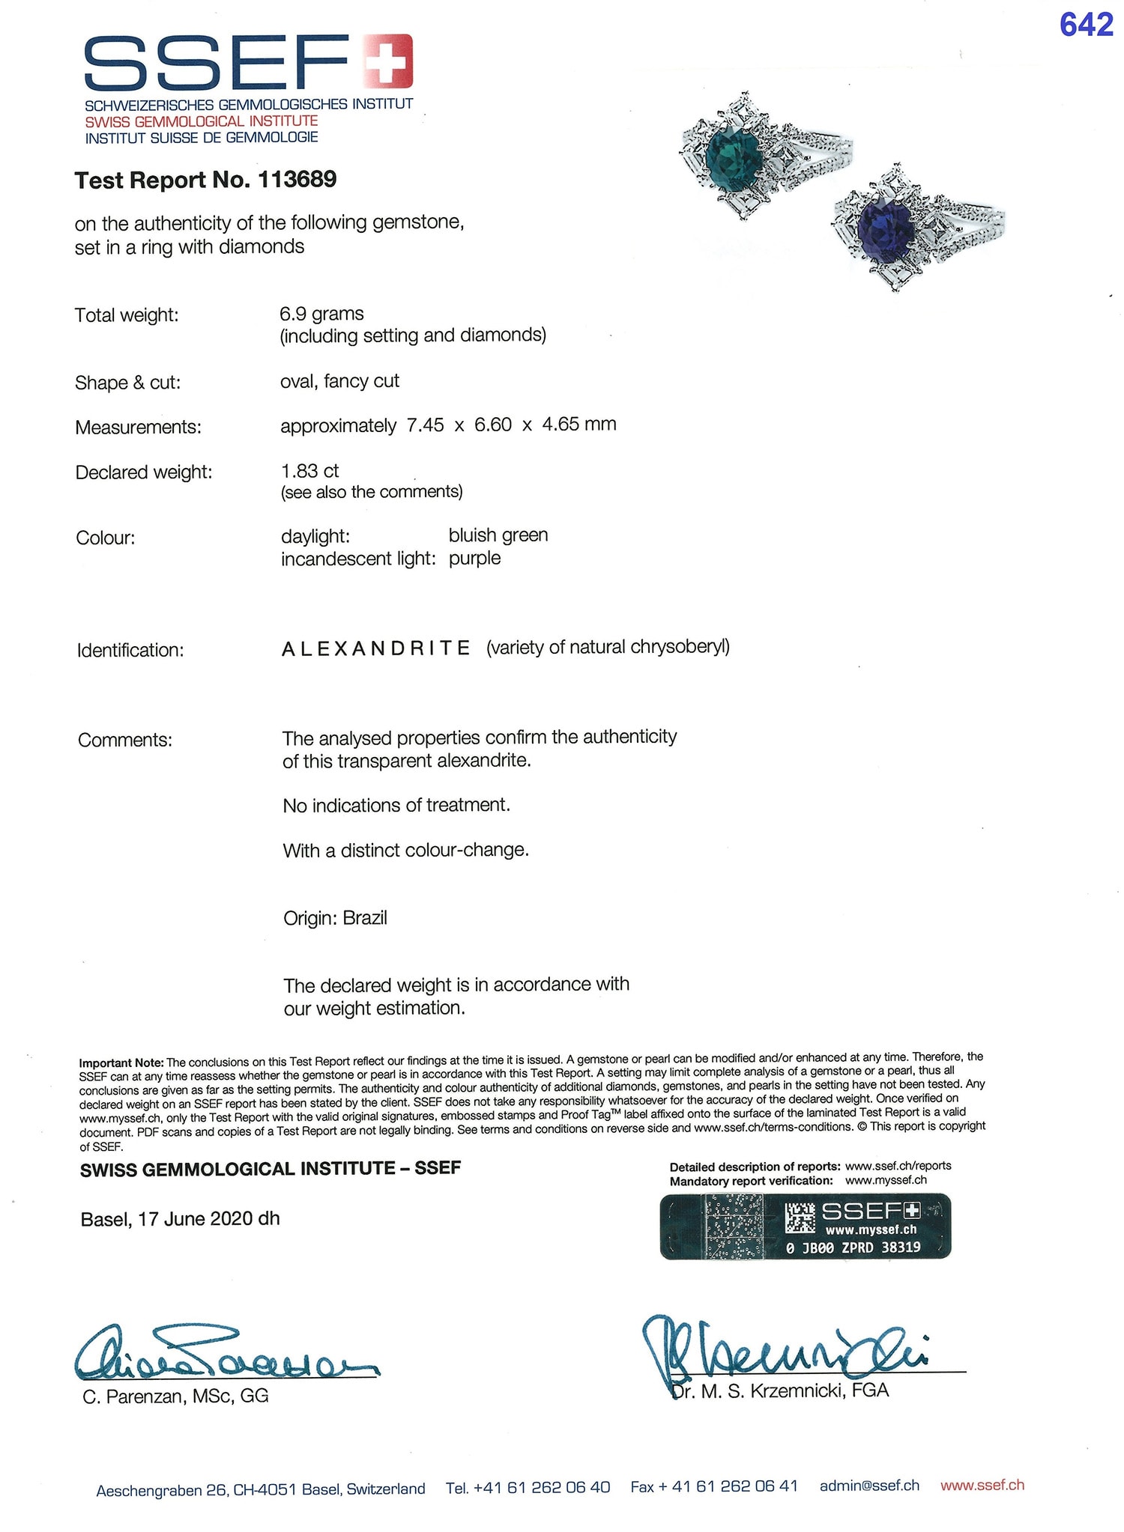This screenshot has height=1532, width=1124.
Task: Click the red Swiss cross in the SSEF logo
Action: (x=387, y=61)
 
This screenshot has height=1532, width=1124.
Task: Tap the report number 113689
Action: (x=297, y=180)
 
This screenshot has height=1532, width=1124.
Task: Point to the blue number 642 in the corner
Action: (x=1086, y=26)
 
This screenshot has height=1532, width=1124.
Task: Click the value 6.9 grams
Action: (x=321, y=314)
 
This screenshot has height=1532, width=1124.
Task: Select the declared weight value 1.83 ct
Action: (x=309, y=471)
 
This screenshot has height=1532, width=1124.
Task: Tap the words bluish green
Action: (x=498, y=535)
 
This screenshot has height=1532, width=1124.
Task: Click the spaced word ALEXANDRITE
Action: (x=376, y=648)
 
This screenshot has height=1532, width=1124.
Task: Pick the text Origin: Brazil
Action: (x=335, y=918)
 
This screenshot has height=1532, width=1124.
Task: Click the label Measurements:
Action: (x=138, y=428)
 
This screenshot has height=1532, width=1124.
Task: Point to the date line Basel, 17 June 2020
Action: (x=180, y=1219)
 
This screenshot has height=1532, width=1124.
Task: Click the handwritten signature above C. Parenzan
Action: (x=225, y=1353)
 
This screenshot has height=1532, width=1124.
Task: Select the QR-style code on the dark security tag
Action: (x=800, y=1218)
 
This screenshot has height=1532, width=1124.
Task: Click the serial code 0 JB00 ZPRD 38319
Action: (x=853, y=1248)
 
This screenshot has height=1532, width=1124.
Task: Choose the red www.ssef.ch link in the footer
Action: (x=982, y=1486)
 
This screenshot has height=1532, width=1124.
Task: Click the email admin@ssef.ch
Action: (x=869, y=1486)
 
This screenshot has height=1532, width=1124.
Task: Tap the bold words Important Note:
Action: (x=121, y=1063)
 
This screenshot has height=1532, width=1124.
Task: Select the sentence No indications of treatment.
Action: (x=396, y=806)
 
